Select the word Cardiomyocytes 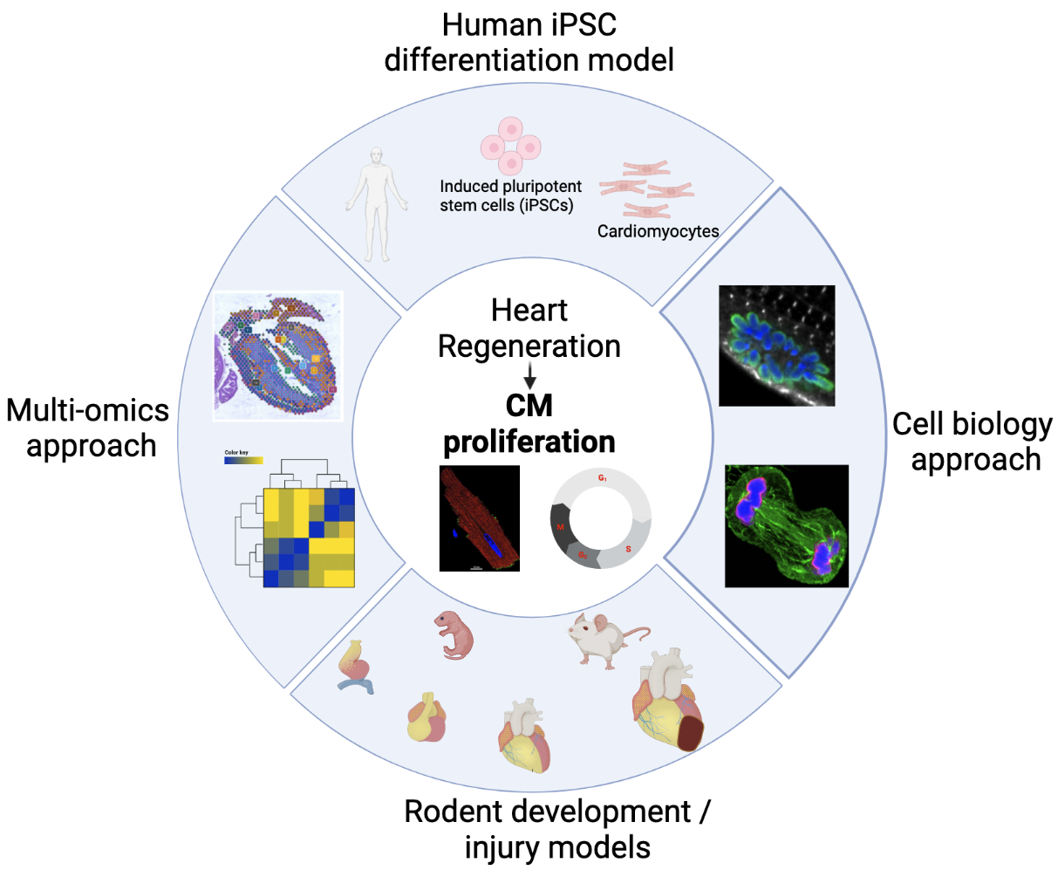(x=658, y=231)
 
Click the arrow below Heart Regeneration (x=529, y=376)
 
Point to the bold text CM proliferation (x=529, y=424)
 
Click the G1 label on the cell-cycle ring (x=602, y=479)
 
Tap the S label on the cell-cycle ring (x=628, y=549)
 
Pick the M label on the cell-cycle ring (x=561, y=527)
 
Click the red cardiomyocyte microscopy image (x=480, y=518)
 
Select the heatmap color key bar (x=243, y=460)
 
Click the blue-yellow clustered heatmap (x=309, y=538)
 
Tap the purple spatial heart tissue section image (x=278, y=355)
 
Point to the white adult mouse (x=603, y=638)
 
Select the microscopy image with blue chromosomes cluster (x=775, y=346)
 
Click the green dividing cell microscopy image (x=786, y=525)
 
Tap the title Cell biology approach (x=972, y=442)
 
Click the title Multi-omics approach (x=87, y=428)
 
